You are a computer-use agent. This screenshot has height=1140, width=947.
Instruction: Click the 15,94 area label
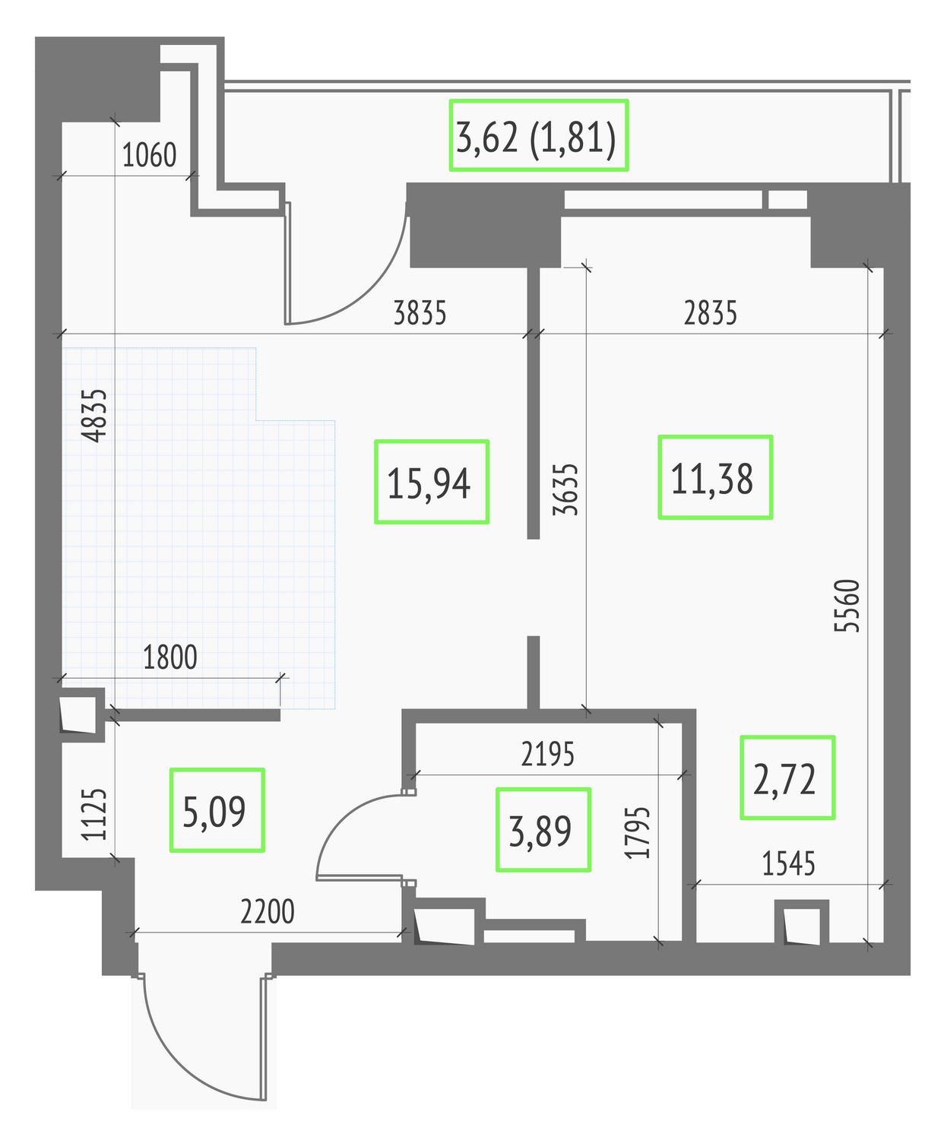429,483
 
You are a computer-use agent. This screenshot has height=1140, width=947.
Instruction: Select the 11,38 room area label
712,479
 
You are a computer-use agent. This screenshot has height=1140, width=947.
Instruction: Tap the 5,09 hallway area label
214,812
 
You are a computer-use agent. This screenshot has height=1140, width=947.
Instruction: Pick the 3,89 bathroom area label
540,831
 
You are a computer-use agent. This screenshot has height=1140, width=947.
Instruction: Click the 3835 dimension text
420,313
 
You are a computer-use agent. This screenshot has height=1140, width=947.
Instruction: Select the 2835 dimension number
711,313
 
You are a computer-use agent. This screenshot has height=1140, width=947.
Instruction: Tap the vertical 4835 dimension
94,416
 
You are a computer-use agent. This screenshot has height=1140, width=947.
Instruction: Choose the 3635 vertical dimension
565,489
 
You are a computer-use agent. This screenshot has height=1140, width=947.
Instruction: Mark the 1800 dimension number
169,657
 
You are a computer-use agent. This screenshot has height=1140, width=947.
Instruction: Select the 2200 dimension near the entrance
268,911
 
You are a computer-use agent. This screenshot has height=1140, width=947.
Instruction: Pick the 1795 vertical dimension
638,833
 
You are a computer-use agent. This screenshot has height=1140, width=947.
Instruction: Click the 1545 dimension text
789,863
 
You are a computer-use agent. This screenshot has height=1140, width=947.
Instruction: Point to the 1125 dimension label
94,814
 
